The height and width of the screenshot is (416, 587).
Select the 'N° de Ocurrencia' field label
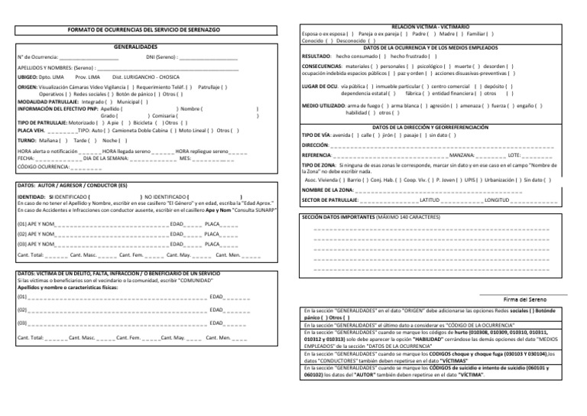pyautogui.click(x=37, y=57)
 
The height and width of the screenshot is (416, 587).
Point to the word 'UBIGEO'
pyautogui.click(x=28, y=78)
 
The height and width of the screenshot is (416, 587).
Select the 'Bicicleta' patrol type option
pyautogui.click(x=141, y=122)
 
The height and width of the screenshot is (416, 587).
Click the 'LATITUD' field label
pyautogui.click(x=433, y=200)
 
